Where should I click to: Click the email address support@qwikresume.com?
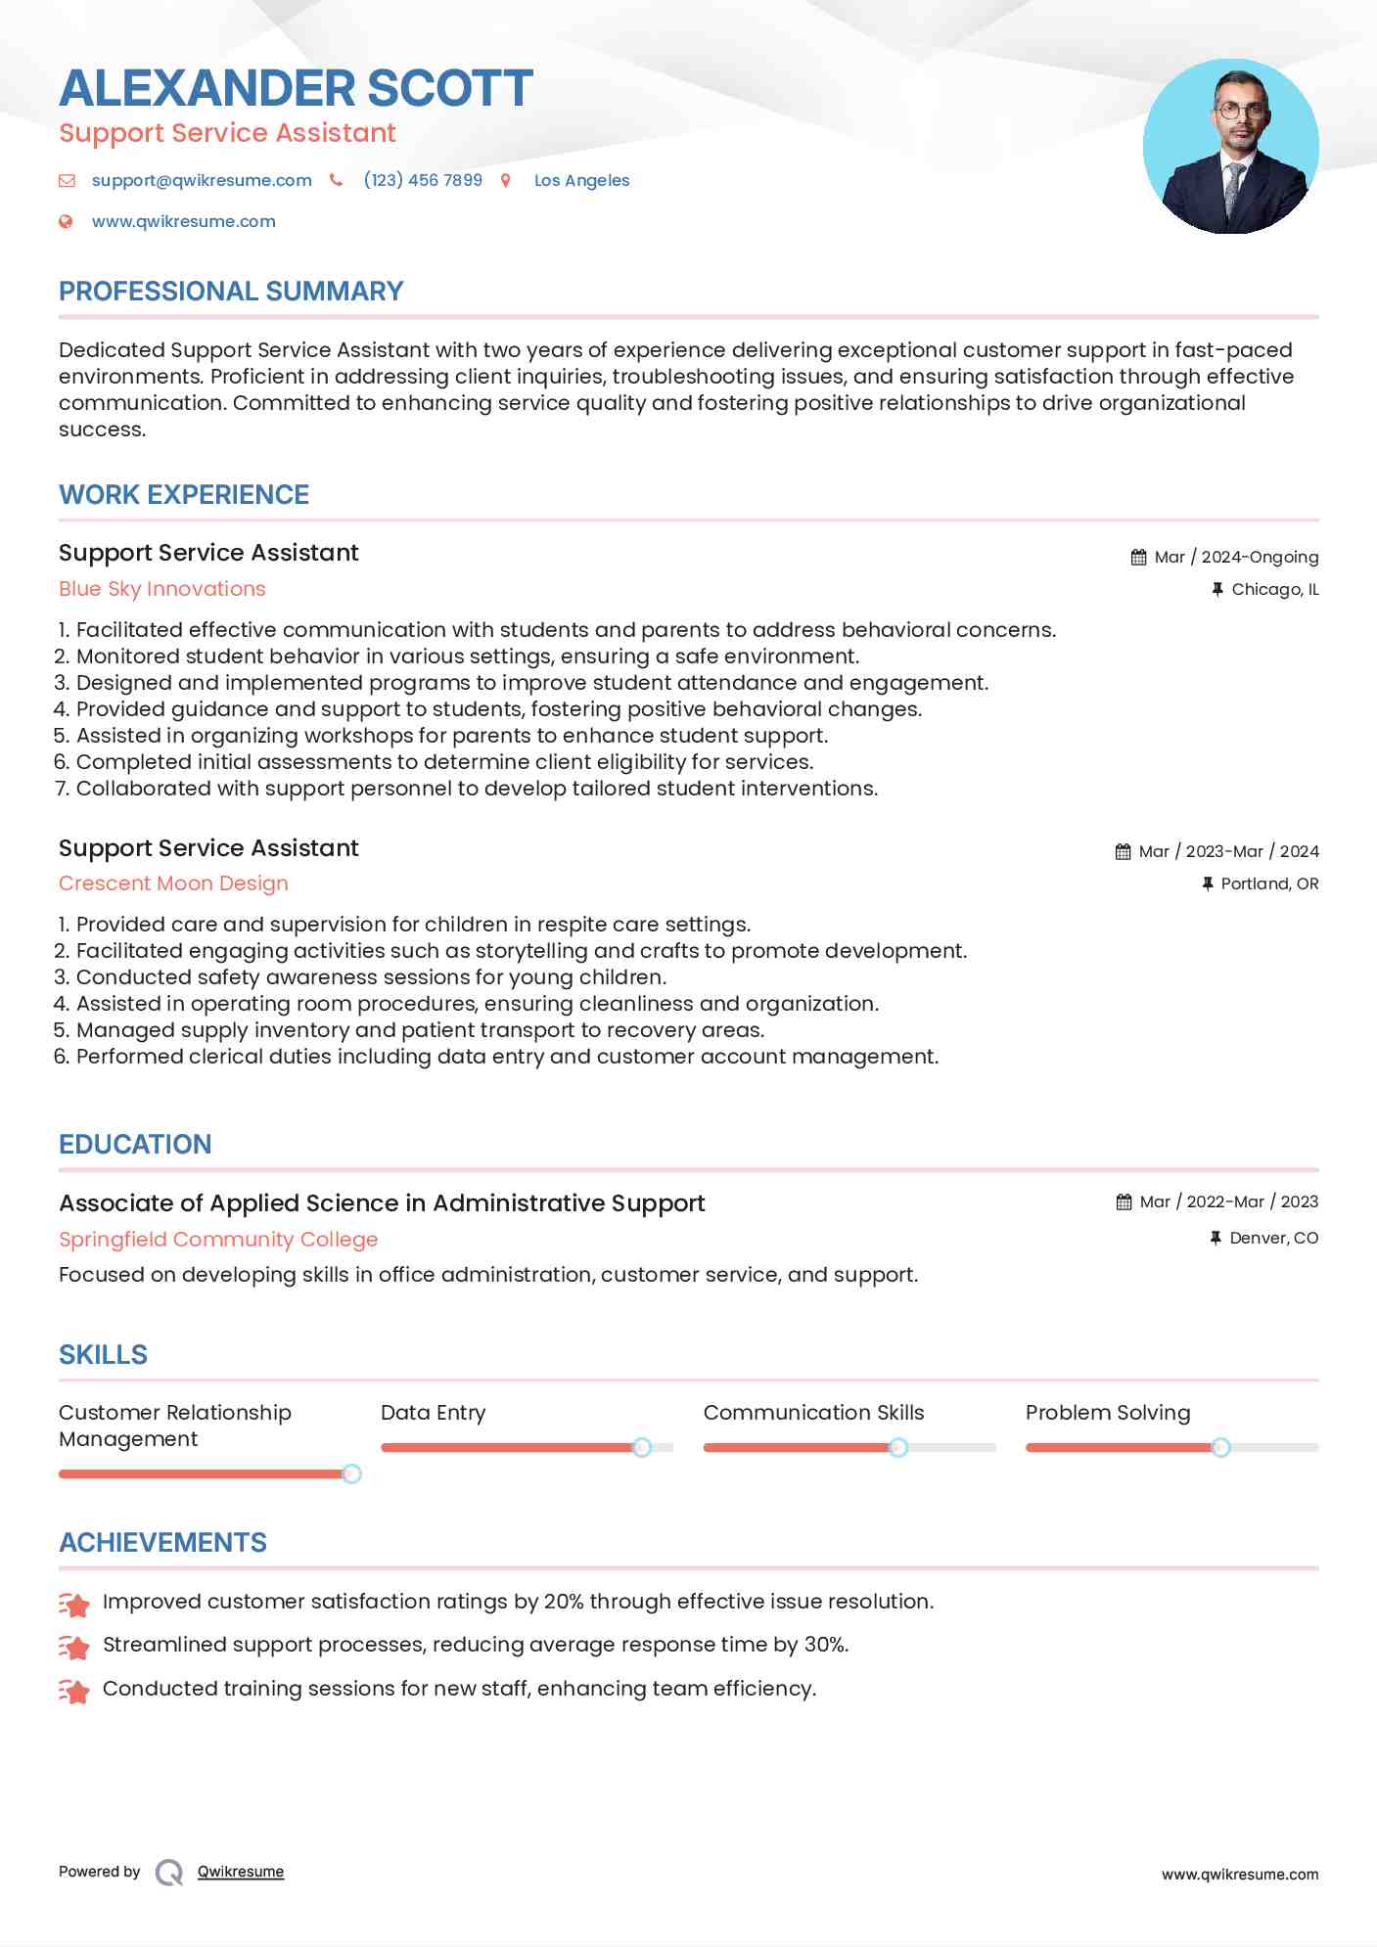[x=202, y=180]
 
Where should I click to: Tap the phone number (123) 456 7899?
[x=423, y=180]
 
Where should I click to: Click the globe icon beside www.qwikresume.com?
[x=67, y=221]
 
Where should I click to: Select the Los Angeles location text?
[x=581, y=180]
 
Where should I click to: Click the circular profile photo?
[x=1230, y=147]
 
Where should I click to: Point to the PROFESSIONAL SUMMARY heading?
[x=231, y=292]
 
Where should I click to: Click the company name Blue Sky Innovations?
[x=162, y=589]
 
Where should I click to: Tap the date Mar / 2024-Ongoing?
[x=1235, y=557]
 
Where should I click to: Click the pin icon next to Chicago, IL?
[x=1217, y=589]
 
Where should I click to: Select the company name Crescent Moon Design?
[x=173, y=883]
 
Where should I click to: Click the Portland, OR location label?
[x=1269, y=883]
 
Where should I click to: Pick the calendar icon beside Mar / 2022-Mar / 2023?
[x=1124, y=1201]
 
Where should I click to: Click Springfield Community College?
[x=218, y=1240]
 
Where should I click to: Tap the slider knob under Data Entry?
[x=642, y=1447]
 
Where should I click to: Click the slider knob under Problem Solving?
[x=1220, y=1447]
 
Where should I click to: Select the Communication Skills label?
[x=813, y=1413]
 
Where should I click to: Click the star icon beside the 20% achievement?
[x=74, y=1604]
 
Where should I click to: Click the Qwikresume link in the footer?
[x=241, y=1872]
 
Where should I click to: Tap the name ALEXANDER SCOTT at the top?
[x=296, y=88]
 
